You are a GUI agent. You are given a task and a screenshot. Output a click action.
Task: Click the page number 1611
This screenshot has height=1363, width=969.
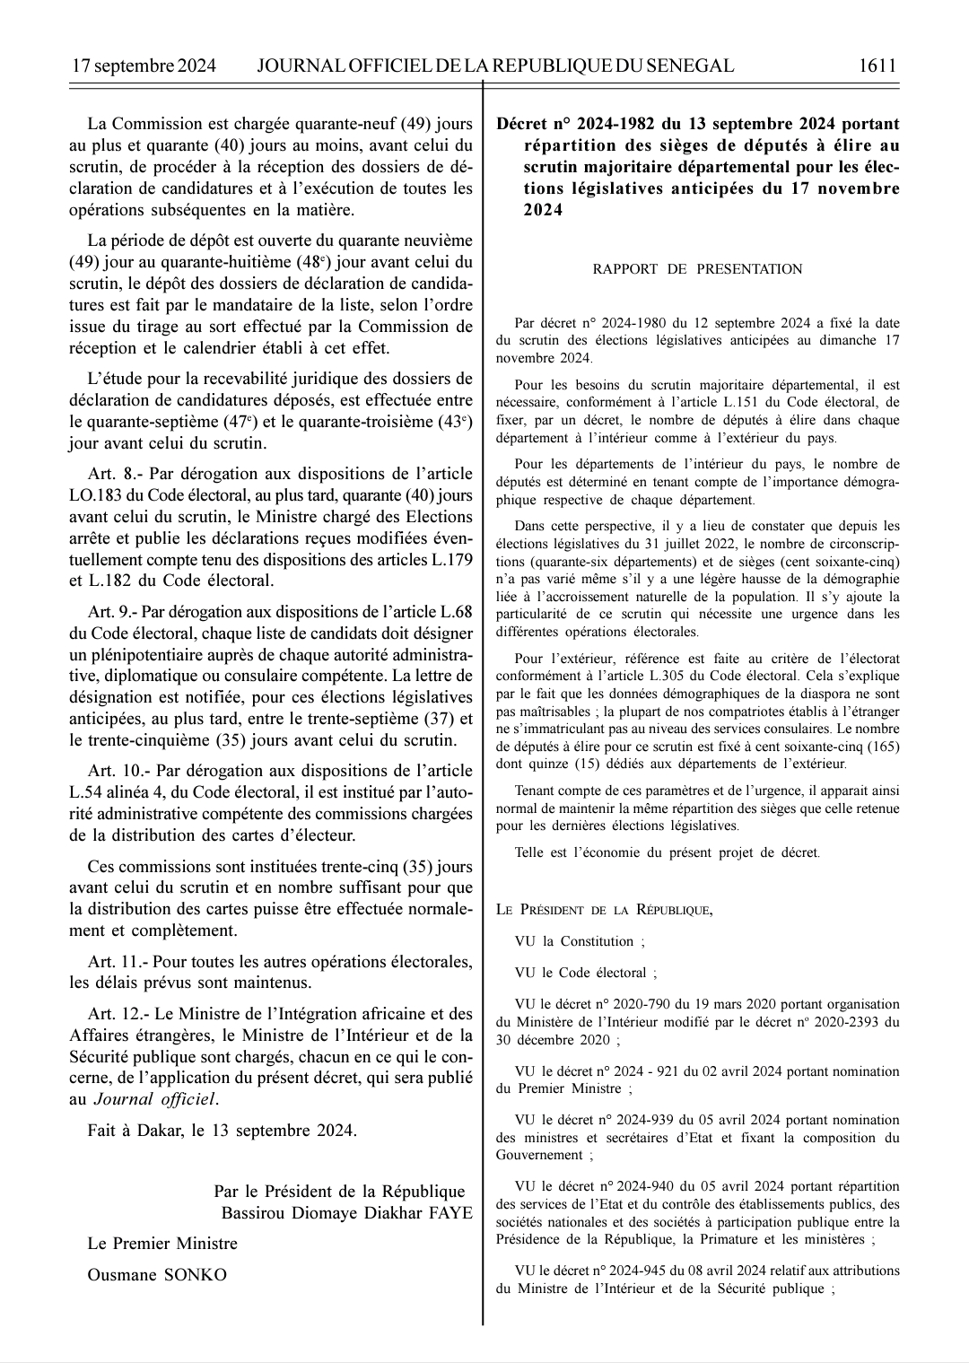tap(877, 66)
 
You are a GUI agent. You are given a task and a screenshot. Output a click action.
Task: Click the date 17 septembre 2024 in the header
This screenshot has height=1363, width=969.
tap(144, 66)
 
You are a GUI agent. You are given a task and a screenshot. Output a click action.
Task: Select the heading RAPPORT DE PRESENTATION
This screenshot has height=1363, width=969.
tap(697, 269)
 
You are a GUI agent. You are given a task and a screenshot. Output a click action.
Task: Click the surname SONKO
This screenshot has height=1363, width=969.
tap(195, 1275)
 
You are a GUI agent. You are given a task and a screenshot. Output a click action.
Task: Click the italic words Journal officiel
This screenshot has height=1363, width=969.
tap(155, 1099)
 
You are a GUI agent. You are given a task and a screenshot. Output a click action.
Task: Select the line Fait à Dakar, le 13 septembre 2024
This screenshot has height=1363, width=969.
tap(222, 1131)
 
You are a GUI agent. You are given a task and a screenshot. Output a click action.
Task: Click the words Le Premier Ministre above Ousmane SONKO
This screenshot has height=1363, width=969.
tap(162, 1244)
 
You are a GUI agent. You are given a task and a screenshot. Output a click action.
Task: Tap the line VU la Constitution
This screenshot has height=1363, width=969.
tap(579, 941)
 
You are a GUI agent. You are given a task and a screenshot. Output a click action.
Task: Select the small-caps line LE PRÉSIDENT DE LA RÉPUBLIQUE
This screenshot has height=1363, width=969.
tap(604, 910)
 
